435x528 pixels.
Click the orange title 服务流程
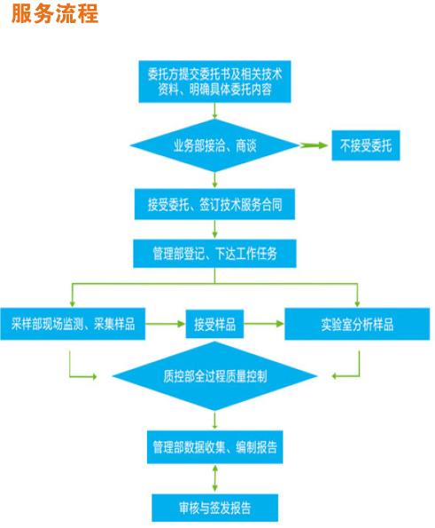point(55,14)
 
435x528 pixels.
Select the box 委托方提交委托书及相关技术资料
point(214,82)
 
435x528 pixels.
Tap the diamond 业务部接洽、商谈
point(214,146)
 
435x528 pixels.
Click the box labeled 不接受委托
point(366,146)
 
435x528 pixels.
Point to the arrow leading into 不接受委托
point(314,146)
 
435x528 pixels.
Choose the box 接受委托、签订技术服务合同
point(214,204)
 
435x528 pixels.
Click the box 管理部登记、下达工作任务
point(214,254)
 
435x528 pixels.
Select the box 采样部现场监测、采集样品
point(73,324)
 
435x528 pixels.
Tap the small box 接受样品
point(214,324)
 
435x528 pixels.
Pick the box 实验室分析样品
point(357,324)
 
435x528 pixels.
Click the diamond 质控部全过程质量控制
point(214,376)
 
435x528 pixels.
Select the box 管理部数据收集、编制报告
point(214,447)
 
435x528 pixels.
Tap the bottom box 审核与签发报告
point(214,508)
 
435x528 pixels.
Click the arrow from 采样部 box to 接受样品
point(166,324)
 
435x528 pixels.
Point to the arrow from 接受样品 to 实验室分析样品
point(264,324)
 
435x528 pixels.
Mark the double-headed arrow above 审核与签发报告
point(214,478)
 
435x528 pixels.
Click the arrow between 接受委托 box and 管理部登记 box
point(214,229)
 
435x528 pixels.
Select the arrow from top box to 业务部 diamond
point(214,111)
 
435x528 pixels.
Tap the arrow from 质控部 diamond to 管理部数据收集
point(214,421)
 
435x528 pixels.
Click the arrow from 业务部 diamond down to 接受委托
point(214,180)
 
